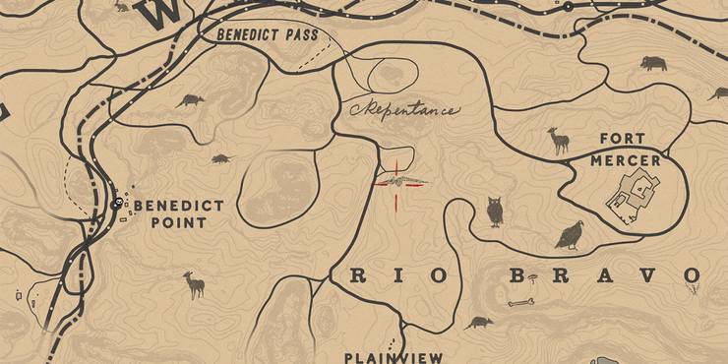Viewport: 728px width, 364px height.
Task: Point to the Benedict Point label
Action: [x=178, y=213]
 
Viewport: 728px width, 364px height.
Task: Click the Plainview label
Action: [x=394, y=357]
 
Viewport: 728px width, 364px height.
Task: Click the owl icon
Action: [x=495, y=212]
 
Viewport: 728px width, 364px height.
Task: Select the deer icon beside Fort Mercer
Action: [x=559, y=141]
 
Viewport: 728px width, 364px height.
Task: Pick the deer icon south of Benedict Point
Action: [x=194, y=285]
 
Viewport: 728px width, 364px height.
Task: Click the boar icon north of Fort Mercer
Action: [x=652, y=64]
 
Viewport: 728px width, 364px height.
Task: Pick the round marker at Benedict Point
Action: [x=118, y=205]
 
